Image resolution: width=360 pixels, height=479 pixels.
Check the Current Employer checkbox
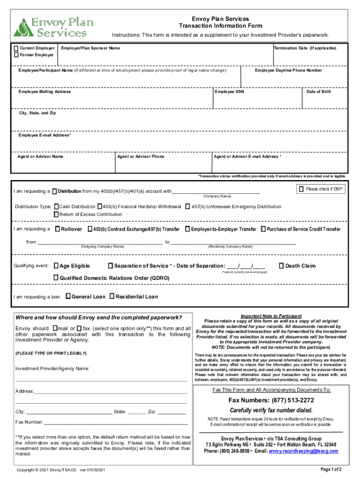pyautogui.click(x=16, y=48)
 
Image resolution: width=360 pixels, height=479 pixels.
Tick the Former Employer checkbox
pyautogui.click(x=16, y=55)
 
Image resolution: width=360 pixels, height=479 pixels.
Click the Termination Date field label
pyautogui.click(x=305, y=48)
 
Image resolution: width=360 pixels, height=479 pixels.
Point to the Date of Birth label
pyautogui.click(x=318, y=92)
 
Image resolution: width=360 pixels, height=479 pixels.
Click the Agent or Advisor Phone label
pyautogui.click(x=141, y=157)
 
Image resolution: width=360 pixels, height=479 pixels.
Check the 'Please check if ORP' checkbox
pyautogui.click(x=301, y=189)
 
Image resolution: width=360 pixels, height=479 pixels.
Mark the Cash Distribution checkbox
pyautogui.click(x=57, y=206)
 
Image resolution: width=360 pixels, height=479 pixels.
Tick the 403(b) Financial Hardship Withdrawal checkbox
pyautogui.click(x=100, y=206)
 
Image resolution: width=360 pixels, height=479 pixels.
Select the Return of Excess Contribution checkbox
pyautogui.click(x=57, y=214)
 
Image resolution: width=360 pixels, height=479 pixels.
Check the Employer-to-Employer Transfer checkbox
pyautogui.click(x=187, y=229)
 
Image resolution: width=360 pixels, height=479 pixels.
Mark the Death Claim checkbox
pyautogui.click(x=281, y=266)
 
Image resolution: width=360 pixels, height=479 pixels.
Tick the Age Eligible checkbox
pyautogui.click(x=57, y=266)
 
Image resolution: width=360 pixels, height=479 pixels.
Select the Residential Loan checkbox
pyautogui.click(x=112, y=297)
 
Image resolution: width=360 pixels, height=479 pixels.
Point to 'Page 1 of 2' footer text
pyautogui.click(x=331, y=469)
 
